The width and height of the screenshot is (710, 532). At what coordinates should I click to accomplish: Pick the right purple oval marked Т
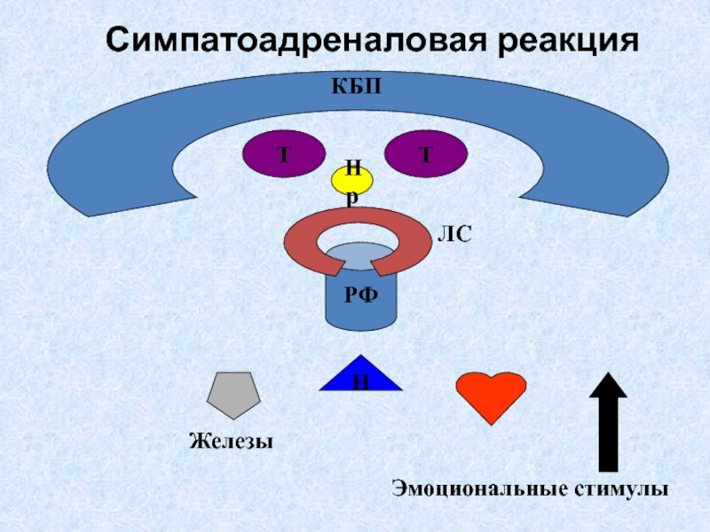click(x=425, y=153)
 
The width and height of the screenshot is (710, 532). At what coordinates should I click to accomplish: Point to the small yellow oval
click(x=353, y=180)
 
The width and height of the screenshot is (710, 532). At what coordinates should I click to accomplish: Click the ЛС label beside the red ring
click(x=454, y=234)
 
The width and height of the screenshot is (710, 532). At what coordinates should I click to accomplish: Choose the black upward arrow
click(x=608, y=423)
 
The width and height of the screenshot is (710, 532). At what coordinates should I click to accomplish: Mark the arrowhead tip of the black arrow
click(x=608, y=375)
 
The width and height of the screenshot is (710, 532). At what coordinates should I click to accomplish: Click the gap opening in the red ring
click(x=354, y=265)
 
